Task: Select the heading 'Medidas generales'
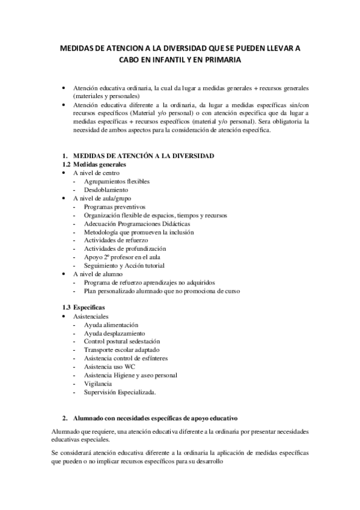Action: pos(100,164)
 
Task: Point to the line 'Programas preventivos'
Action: pos(115,206)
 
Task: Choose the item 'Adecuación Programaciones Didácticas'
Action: pos(138,223)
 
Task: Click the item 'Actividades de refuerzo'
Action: pos(116,240)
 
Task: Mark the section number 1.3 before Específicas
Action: pos(68,307)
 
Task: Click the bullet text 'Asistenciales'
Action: pos(91,316)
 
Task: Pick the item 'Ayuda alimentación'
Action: pos(111,325)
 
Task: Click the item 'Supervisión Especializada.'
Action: pos(120,392)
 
